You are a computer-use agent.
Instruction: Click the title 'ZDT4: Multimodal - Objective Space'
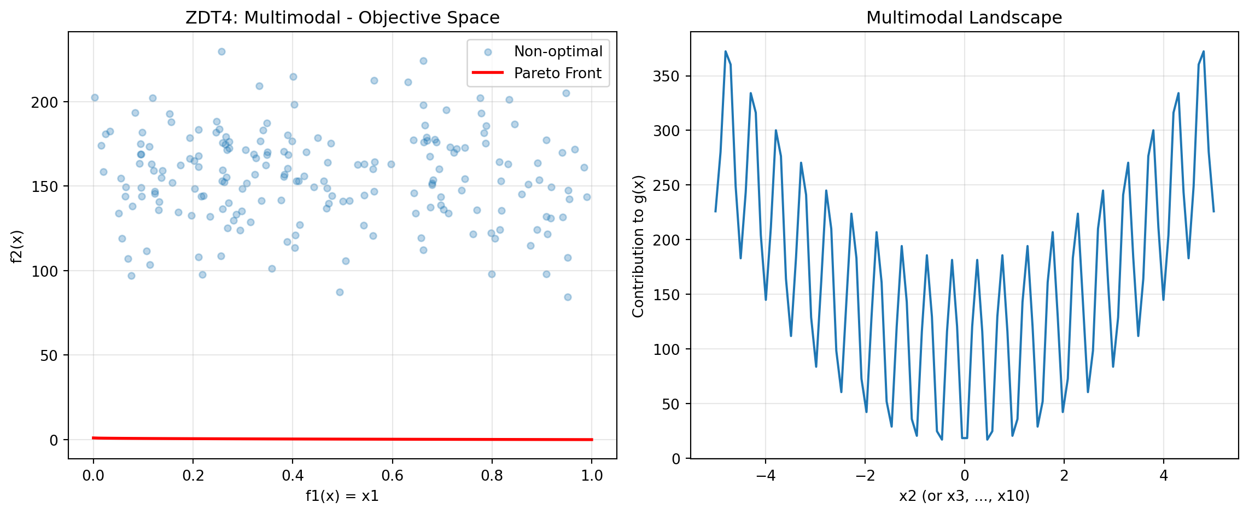pyautogui.click(x=342, y=17)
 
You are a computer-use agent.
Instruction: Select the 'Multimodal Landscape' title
pyautogui.click(x=964, y=17)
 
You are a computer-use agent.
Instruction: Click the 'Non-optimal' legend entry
pyautogui.click(x=558, y=51)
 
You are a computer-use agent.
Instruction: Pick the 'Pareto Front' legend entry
pyautogui.click(x=558, y=73)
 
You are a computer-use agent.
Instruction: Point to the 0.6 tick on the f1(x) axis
pyautogui.click(x=392, y=475)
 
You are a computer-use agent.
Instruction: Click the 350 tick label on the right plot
pyautogui.click(x=666, y=76)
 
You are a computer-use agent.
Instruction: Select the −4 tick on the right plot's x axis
pyautogui.click(x=766, y=475)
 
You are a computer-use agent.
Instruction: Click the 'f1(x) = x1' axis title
pyautogui.click(x=342, y=496)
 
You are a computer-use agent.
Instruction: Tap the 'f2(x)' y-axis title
pyautogui.click(x=17, y=246)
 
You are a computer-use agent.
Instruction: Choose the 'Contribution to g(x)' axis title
pyautogui.click(x=638, y=246)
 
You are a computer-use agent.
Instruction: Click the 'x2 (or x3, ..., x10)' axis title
pyautogui.click(x=964, y=496)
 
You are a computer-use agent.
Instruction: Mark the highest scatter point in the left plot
pyautogui.click(x=221, y=51)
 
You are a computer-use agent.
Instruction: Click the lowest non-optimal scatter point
pyautogui.click(x=568, y=297)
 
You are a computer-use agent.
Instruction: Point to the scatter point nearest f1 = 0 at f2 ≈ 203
pyautogui.click(x=95, y=97)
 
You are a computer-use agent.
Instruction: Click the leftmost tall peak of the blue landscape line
pyautogui.click(x=726, y=51)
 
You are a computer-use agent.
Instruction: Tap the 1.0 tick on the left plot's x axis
pyautogui.click(x=592, y=475)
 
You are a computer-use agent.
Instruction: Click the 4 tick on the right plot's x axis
pyautogui.click(x=1163, y=475)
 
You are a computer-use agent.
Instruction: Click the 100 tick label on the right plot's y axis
pyautogui.click(x=666, y=349)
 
